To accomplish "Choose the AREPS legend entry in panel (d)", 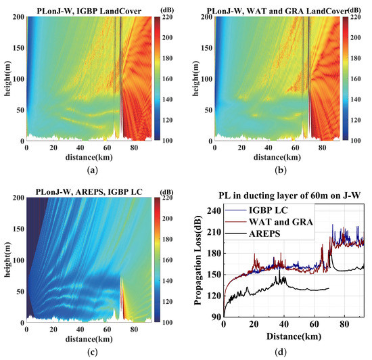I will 271,232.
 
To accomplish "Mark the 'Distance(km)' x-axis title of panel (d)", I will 295,335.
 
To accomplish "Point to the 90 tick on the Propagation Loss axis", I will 216,317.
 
